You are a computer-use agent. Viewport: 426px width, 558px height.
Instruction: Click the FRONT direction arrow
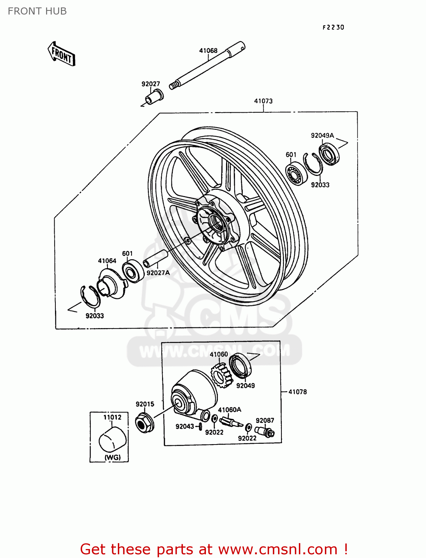62,54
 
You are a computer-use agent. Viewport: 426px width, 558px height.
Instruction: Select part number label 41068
208,51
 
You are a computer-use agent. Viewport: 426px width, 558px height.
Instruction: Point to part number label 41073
263,101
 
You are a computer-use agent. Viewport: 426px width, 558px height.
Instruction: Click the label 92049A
322,135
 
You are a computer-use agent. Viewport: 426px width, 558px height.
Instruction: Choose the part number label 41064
107,261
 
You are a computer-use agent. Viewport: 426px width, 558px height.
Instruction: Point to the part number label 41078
297,392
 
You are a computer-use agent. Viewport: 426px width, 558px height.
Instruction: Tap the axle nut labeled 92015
143,423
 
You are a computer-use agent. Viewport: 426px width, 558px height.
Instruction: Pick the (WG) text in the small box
112,457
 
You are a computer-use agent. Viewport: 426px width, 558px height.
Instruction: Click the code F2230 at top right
333,27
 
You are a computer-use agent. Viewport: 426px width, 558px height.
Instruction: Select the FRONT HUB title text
37,11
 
